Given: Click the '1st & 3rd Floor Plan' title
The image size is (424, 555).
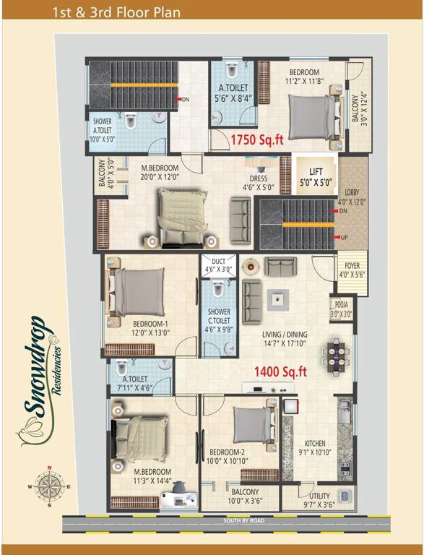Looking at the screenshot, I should pos(116,12).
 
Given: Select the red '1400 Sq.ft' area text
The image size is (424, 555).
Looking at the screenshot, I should pos(280,372).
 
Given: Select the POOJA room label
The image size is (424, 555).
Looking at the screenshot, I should pos(341,310).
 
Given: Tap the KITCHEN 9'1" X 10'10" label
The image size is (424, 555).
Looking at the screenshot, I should pos(314,448).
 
